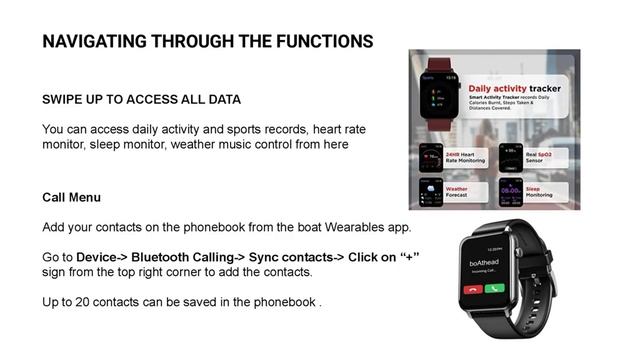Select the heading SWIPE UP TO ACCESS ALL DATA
pos(141,101)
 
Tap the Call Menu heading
pos(71,198)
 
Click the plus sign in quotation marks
pos(408,257)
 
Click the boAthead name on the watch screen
pos(488,264)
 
